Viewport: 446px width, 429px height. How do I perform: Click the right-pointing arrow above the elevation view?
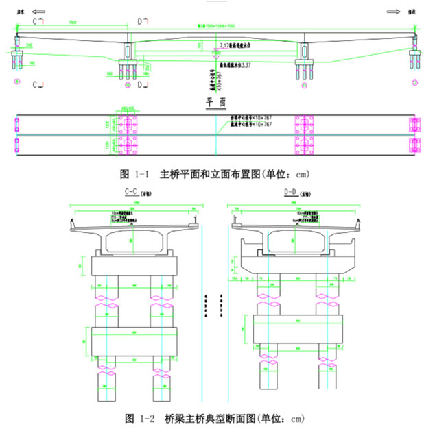(394, 12)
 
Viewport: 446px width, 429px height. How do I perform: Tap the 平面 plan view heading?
(217, 103)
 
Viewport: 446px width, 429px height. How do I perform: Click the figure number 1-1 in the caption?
(139, 173)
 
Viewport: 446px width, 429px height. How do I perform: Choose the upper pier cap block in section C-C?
(134, 265)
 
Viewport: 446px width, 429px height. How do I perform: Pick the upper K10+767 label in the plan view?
(254, 120)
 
